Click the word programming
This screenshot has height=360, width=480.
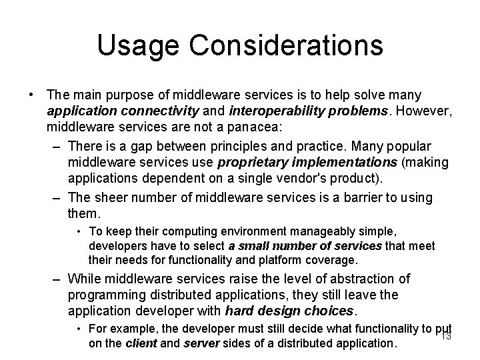pos(107,295)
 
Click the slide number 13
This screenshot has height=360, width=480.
pos(446,336)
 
